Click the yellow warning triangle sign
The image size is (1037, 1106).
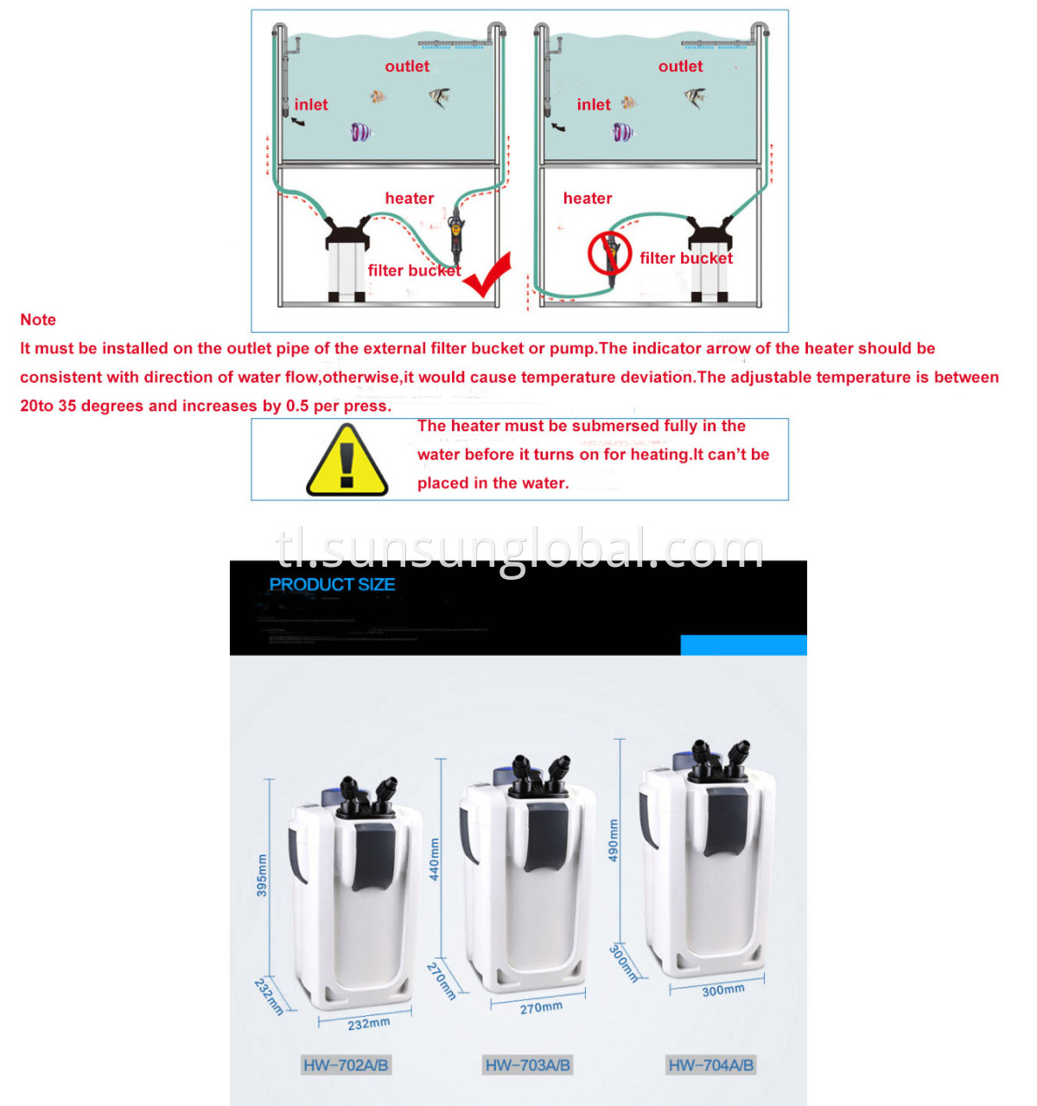pyautogui.click(x=347, y=461)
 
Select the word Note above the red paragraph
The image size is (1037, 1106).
pyautogui.click(x=38, y=320)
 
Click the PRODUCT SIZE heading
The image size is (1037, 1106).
pyautogui.click(x=332, y=585)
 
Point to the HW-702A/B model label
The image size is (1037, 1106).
pyautogui.click(x=346, y=1065)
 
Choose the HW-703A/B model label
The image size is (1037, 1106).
pyautogui.click(x=527, y=1065)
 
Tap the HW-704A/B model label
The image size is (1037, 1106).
pyautogui.click(x=710, y=1065)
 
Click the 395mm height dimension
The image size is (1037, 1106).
pyautogui.click(x=262, y=875)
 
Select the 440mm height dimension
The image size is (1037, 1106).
pyautogui.click(x=435, y=860)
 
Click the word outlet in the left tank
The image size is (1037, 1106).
pyautogui.click(x=406, y=67)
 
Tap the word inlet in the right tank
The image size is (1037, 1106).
pyautogui.click(x=593, y=105)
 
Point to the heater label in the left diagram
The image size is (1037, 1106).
pyautogui.click(x=409, y=199)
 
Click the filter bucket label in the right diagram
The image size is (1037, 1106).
pyautogui.click(x=686, y=258)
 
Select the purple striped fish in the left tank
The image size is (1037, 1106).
pyautogui.click(x=360, y=132)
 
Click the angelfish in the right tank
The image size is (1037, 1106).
pyautogui.click(x=695, y=98)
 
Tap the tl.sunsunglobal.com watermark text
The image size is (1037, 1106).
pyautogui.click(x=519, y=549)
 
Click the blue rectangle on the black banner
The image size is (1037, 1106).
pyautogui.click(x=743, y=645)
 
